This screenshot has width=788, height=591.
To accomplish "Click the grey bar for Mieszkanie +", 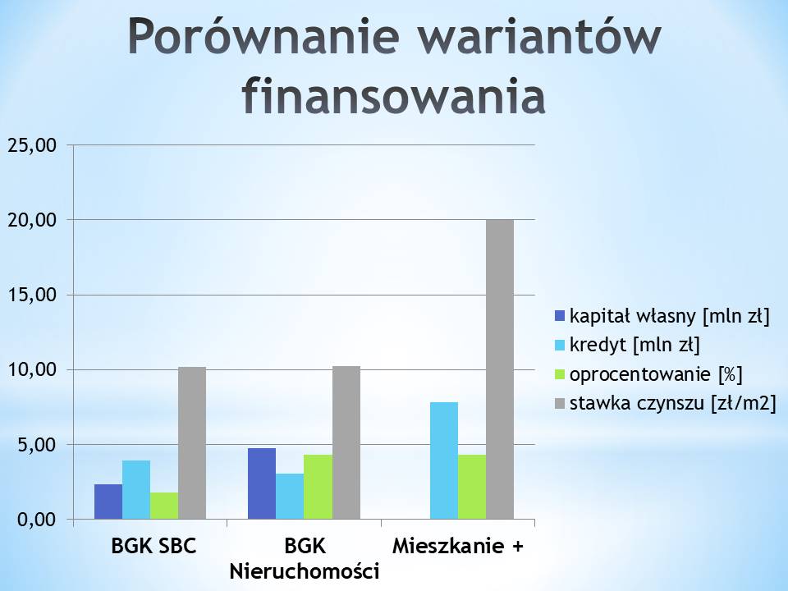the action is [x=500, y=369].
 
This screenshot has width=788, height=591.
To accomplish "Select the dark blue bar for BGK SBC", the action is [x=108, y=502].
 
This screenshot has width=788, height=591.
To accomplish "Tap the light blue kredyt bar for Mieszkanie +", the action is [x=444, y=460].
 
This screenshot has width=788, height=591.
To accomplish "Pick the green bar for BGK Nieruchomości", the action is [x=318, y=487].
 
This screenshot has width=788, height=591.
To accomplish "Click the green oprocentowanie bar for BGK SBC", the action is [x=164, y=506].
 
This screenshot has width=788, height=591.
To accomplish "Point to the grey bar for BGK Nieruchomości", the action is [x=346, y=442].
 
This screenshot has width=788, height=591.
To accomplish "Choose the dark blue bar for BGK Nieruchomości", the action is [x=262, y=483].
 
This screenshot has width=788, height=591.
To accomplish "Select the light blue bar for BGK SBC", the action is [x=136, y=490].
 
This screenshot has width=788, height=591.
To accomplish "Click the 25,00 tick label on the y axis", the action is [x=33, y=146].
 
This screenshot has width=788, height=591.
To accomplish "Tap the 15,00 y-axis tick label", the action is [x=33, y=295].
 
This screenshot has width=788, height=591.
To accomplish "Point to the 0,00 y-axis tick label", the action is [x=38, y=520].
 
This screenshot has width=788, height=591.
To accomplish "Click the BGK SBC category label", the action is [x=153, y=546].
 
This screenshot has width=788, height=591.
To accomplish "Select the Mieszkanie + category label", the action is [x=458, y=546].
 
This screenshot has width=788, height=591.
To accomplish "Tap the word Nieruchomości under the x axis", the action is [x=304, y=572].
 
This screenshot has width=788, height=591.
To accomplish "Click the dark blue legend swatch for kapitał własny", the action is [x=560, y=316].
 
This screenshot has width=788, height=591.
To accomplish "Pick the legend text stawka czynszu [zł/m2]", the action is [x=673, y=403].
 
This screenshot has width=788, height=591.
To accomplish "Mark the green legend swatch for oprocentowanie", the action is [x=560, y=374].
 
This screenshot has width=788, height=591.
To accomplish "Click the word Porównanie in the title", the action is [x=263, y=38].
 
